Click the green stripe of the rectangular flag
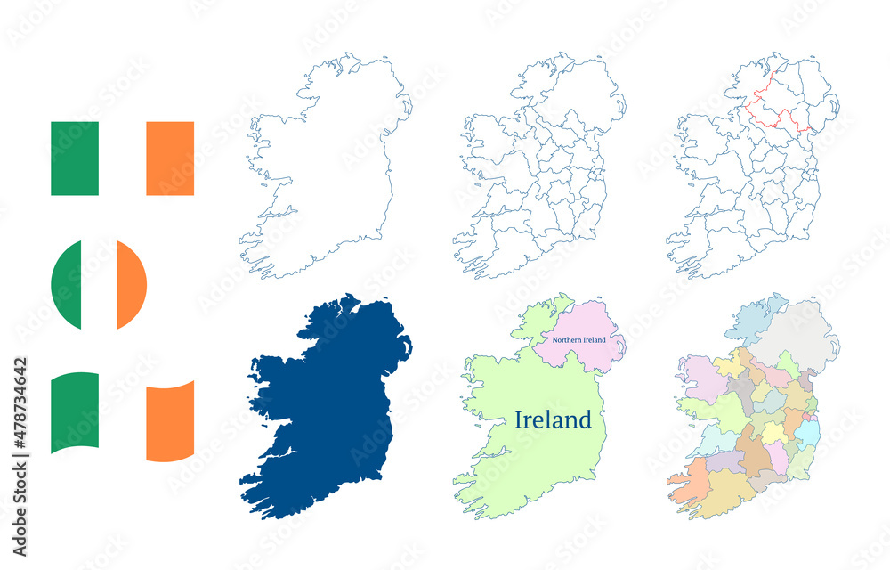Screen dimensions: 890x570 [x=75, y=159]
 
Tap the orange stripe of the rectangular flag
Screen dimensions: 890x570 [x=170, y=159]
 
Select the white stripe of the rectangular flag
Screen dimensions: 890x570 [x=122, y=159]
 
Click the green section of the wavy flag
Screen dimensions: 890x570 [x=75, y=412]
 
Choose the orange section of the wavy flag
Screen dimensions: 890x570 [x=170, y=420]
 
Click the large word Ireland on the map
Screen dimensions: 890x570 [x=553, y=420]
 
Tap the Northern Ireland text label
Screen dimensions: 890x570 [x=578, y=340]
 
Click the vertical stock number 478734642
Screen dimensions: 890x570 [x=20, y=419]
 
